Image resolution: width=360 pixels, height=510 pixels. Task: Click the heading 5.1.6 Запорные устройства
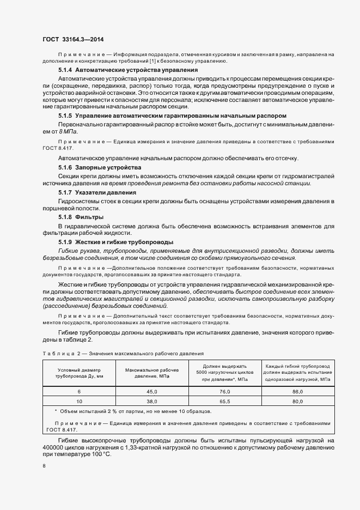[x=100, y=167]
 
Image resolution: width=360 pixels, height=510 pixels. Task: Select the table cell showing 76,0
[x=224, y=392]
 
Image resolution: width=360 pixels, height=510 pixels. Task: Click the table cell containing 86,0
[x=297, y=392]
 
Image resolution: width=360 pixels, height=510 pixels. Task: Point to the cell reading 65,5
[x=224, y=402]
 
